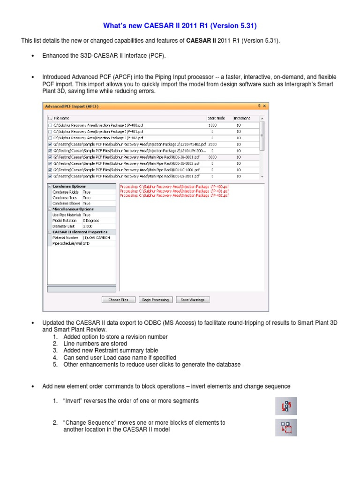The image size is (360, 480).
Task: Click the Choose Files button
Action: [118, 300]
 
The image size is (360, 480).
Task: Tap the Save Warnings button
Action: [193, 300]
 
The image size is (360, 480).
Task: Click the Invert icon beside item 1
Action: [285, 405]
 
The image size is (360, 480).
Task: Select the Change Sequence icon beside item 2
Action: [285, 427]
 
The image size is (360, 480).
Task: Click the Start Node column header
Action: [216, 118]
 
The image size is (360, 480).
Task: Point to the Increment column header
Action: [242, 118]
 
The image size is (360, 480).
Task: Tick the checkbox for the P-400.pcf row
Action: [50, 126]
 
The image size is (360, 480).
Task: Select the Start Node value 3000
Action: [212, 157]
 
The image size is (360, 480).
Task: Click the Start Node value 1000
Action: [212, 126]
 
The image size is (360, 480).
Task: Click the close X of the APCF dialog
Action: [264, 106]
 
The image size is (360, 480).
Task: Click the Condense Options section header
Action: [69, 186]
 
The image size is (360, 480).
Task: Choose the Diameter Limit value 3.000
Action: [88, 226]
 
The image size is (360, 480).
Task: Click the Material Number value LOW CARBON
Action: [97, 238]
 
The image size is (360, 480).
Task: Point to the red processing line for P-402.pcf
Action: [174, 196]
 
